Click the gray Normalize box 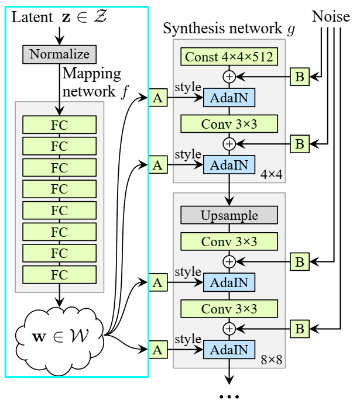coord(60,54)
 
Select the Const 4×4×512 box coord(229,57)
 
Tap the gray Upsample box coord(229,215)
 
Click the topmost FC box coord(60,125)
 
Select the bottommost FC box coord(60,274)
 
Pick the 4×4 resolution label coord(271,173)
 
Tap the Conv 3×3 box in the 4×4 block coord(229,123)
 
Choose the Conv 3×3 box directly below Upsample coord(229,240)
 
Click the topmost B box coord(299,76)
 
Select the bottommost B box coord(299,329)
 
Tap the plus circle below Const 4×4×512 coord(229,76)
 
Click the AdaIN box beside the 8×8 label coord(229,350)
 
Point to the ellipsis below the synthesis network coord(229,396)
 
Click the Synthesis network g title coord(229,28)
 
